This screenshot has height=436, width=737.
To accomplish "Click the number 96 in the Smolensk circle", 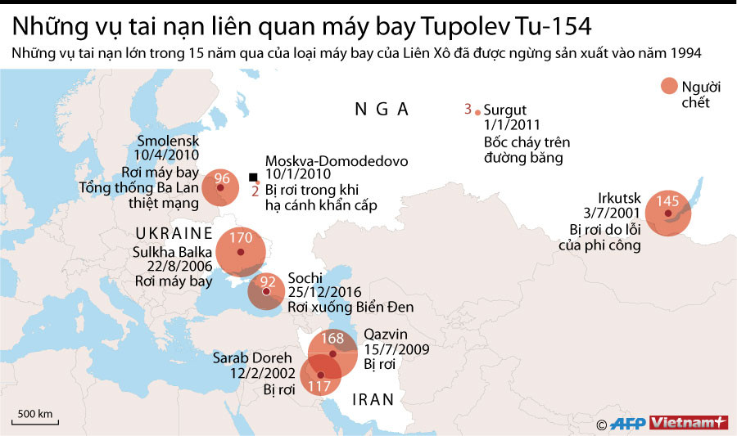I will [x=221, y=178].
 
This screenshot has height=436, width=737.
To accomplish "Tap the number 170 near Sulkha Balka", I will [x=242, y=239].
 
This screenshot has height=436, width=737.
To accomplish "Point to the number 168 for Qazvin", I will [x=332, y=338].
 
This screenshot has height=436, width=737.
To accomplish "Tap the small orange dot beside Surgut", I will [x=478, y=110].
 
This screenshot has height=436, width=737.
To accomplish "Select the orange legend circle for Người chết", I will [x=669, y=88].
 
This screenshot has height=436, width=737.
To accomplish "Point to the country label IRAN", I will [x=373, y=400].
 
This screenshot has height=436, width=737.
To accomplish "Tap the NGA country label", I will [x=381, y=110].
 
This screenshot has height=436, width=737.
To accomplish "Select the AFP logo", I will [x=628, y=423].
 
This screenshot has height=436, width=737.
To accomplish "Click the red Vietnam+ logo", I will [x=689, y=423].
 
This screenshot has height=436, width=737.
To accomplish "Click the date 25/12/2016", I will [x=324, y=292].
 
